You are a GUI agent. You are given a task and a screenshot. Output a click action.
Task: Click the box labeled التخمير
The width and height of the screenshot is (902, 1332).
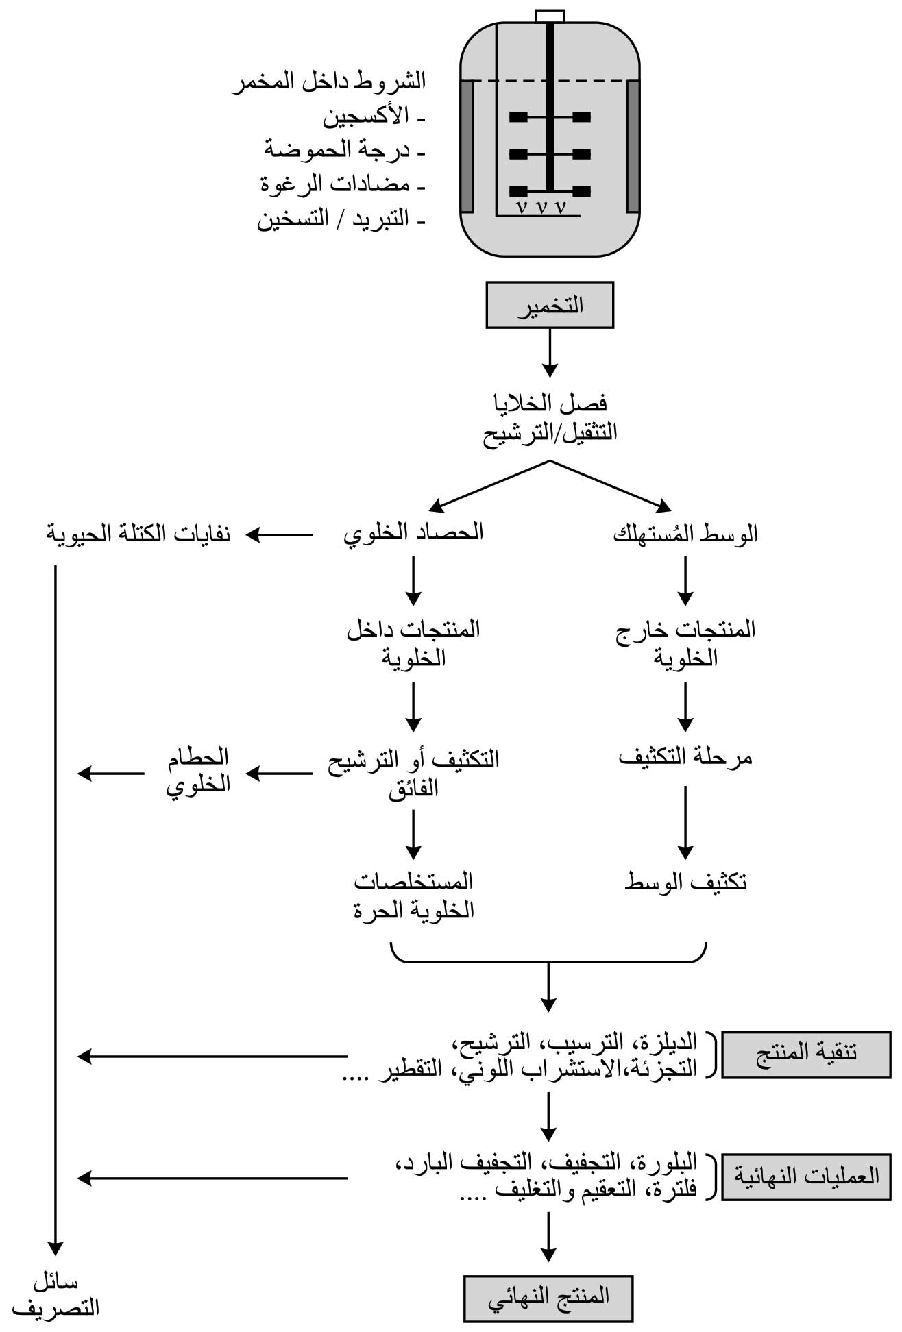click(x=550, y=305)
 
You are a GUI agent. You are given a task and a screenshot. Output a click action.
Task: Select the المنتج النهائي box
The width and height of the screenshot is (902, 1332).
click(x=548, y=1298)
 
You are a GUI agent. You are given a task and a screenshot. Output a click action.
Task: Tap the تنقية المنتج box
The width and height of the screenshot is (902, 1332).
click(x=806, y=1054)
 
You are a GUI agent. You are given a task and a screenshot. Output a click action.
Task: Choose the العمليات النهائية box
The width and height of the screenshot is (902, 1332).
click(x=806, y=1176)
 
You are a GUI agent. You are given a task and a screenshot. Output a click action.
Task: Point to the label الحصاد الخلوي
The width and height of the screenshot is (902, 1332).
click(x=413, y=532)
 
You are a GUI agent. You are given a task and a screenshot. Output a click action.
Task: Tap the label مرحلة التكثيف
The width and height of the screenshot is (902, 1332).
click(x=685, y=757)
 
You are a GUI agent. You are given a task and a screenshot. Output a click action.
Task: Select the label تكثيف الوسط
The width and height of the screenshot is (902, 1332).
click(x=685, y=882)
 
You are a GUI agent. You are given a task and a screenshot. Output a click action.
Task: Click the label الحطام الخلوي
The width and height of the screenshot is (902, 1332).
click(x=198, y=771)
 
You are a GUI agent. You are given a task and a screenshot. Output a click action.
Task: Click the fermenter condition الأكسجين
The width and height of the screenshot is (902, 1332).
click(x=367, y=116)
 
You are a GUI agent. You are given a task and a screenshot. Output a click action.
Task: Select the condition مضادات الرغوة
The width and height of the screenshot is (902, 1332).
click(x=335, y=184)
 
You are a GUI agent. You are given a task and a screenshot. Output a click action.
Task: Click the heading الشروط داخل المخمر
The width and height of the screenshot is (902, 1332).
click(x=329, y=82)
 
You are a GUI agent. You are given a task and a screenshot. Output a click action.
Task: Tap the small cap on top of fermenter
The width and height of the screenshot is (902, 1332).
click(x=550, y=16)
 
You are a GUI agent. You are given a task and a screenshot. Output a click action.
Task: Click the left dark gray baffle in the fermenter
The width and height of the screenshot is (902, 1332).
click(x=467, y=146)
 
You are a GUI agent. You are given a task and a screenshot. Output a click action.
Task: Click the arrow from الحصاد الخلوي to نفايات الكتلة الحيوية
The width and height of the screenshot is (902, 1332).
click(x=280, y=534)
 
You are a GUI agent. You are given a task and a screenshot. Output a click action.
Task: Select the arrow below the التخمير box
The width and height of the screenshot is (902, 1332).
click(x=550, y=353)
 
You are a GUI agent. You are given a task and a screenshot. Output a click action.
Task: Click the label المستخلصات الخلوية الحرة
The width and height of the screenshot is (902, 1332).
click(x=414, y=896)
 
